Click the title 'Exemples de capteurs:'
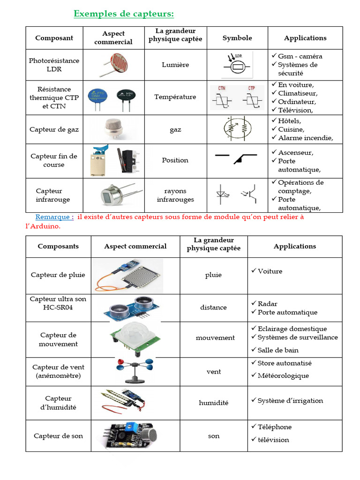(124, 14)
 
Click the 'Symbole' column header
(237, 38)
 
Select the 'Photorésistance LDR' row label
(54, 65)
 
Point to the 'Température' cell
(175, 97)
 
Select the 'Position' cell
(175, 160)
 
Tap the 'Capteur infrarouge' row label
(52, 195)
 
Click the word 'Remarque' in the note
(54, 217)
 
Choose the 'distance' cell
(213, 307)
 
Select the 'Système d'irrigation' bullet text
(290, 400)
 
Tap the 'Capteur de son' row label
(58, 436)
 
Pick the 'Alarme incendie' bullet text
(305, 138)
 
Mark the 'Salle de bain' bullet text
(277, 350)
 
